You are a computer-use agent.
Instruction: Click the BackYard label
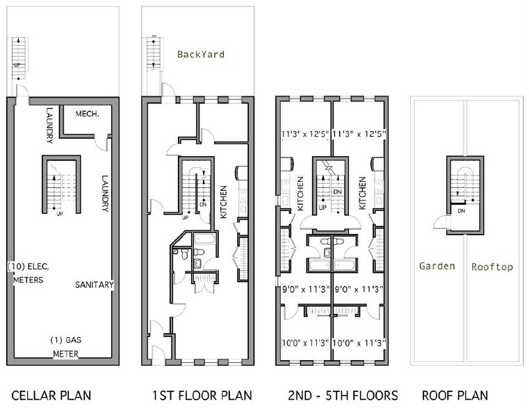pyautogui.click(x=200, y=54)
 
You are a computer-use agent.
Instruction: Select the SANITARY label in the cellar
pyautogui.click(x=95, y=284)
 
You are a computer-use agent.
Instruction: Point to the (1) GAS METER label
pyautogui.click(x=67, y=346)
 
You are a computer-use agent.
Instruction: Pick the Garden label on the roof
pyautogui.click(x=437, y=266)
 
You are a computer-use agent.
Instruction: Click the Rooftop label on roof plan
pyautogui.click(x=492, y=266)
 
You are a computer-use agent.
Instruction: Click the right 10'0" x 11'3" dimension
pyautogui.click(x=359, y=342)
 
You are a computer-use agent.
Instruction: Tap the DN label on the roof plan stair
pyautogui.click(x=461, y=214)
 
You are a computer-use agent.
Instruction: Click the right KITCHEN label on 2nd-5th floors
pyautogui.click(x=361, y=194)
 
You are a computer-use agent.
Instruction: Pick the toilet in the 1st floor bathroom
pyautogui.click(x=185, y=255)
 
